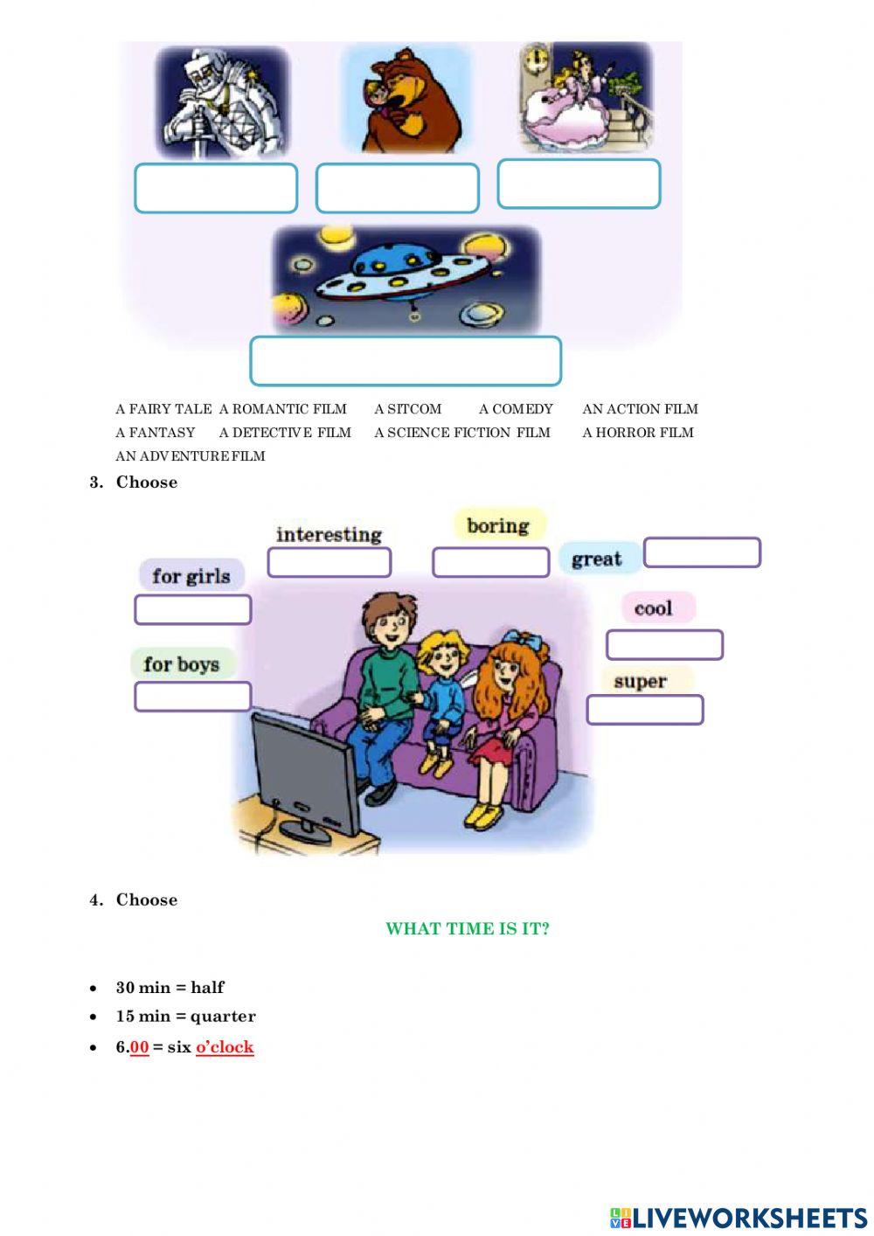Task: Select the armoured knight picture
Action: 222,101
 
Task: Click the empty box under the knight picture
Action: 216,188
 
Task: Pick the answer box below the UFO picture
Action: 406,361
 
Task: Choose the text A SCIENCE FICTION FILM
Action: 462,433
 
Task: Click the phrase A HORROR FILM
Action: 638,433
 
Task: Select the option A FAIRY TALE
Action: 163,409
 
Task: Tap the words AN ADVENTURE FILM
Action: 191,456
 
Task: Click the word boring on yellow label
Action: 498,525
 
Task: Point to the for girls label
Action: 191,575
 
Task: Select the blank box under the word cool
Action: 664,645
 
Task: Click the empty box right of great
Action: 702,552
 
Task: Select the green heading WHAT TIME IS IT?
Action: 468,929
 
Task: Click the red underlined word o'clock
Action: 225,1047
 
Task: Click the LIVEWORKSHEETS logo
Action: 739,1218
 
